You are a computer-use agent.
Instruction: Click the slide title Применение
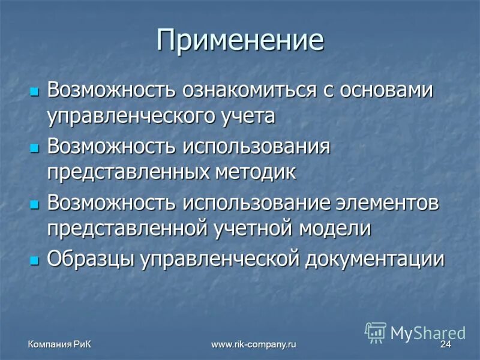240,41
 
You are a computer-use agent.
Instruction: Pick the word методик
256,172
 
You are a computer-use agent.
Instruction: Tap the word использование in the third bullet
256,203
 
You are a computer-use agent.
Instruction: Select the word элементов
389,203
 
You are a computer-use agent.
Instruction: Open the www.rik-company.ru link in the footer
254,344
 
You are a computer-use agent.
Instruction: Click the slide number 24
445,344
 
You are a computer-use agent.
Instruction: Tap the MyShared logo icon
376,332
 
